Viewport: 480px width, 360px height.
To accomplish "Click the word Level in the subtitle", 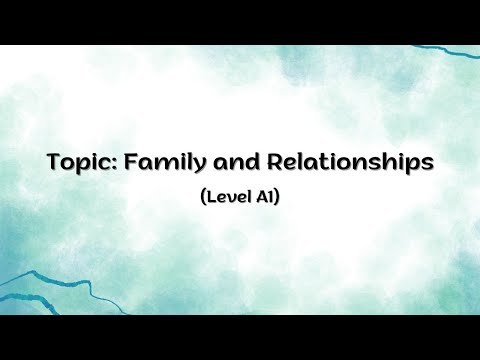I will (x=226, y=196).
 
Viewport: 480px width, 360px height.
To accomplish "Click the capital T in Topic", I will (x=53, y=161).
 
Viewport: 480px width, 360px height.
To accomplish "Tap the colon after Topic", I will (x=109, y=164).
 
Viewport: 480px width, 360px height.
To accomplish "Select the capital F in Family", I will (x=125, y=161).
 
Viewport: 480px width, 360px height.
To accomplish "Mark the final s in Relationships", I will (x=427, y=164).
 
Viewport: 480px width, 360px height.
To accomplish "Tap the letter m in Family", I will (x=159, y=164).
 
